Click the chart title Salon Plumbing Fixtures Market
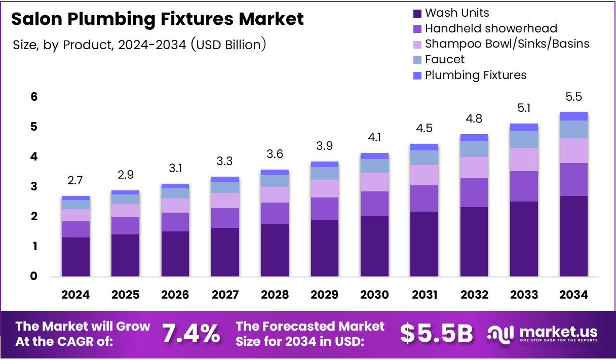pos(158,19)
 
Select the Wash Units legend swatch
pos(417,13)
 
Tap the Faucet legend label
pos(445,59)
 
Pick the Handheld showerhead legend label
pos(491,28)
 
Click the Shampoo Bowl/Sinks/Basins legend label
pos(507,44)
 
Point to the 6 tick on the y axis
pos(34,97)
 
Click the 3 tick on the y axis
pos(34,187)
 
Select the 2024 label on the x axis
pos(75,295)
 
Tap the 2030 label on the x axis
pos(374,295)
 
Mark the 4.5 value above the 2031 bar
pos(424,129)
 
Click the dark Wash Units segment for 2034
pos(573,236)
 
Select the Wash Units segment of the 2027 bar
pos(225,252)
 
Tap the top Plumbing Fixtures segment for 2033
pos(524,128)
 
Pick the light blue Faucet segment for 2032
pos(474,149)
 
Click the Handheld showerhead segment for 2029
pos(325,209)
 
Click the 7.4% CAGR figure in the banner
pos(191,334)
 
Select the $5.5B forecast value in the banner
pos(436,334)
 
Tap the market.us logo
pos(543,334)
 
